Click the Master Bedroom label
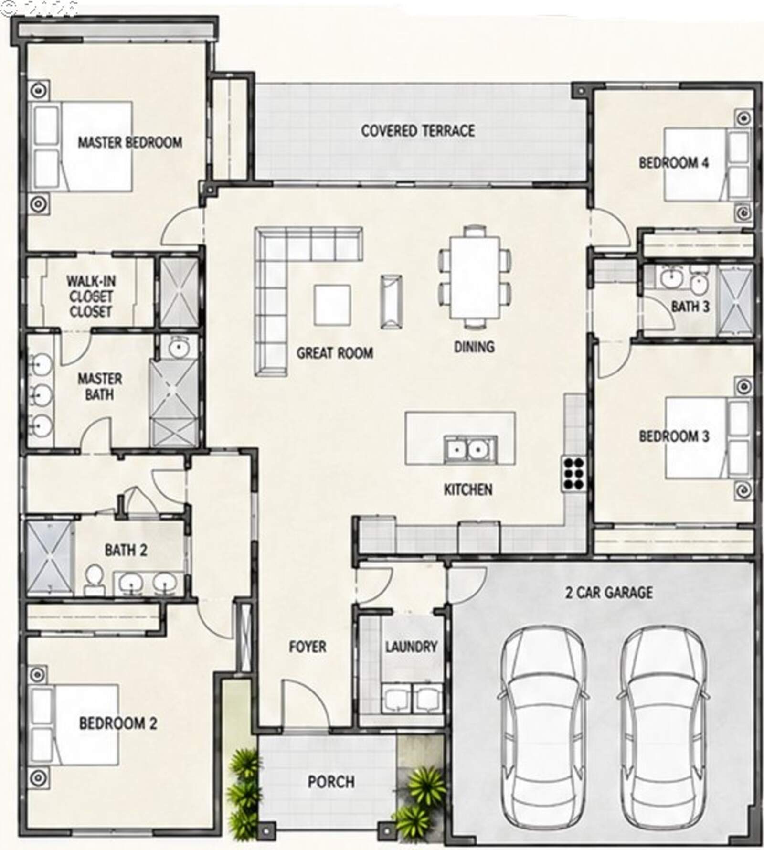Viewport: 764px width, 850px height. click(130, 142)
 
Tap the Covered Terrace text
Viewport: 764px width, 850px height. click(418, 131)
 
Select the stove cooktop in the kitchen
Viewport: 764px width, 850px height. click(573, 473)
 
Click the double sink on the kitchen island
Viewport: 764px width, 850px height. click(470, 449)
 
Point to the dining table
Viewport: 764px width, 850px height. click(475, 277)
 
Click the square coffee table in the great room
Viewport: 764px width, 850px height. click(332, 305)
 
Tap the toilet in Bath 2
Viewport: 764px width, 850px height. click(94, 579)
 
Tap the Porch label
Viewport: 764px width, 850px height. click(331, 782)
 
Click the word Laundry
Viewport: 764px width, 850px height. click(411, 647)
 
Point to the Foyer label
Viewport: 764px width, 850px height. click(308, 647)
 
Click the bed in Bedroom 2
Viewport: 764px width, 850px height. click(74, 724)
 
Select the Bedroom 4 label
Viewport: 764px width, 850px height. click(674, 163)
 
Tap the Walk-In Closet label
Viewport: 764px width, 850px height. click(90, 296)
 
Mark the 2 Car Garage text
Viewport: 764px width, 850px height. click(609, 593)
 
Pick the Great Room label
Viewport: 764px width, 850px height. click(335, 353)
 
